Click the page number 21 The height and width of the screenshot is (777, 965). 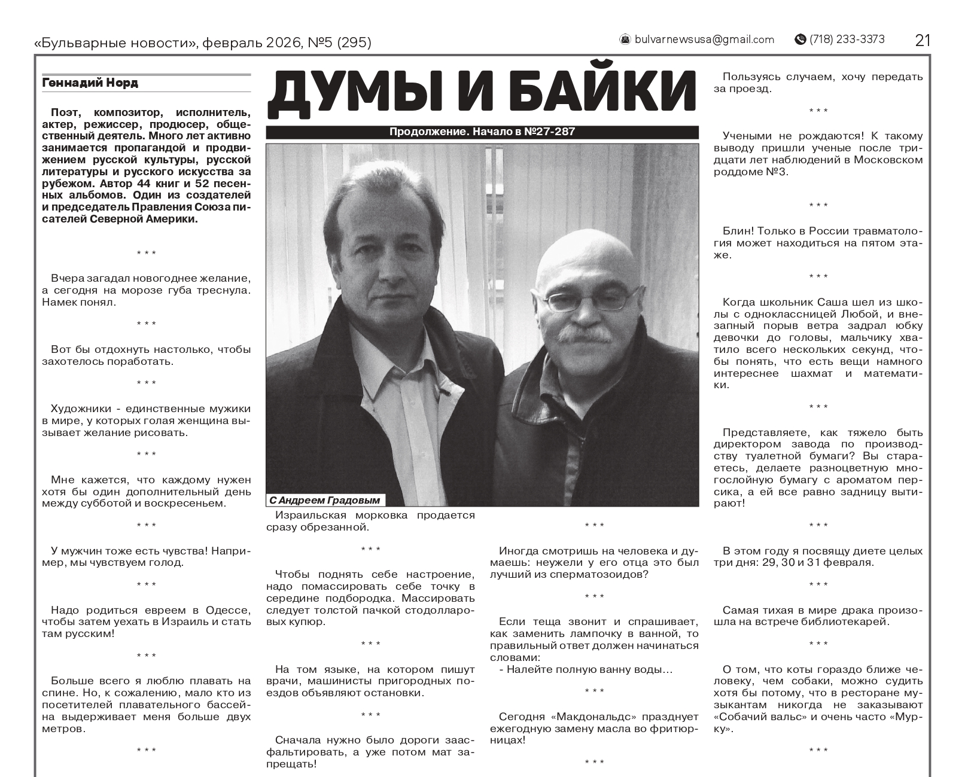click(x=923, y=40)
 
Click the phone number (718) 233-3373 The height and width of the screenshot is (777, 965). click(x=847, y=39)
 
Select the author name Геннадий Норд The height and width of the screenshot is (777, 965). click(x=90, y=83)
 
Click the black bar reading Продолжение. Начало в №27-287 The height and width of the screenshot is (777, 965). click(x=482, y=132)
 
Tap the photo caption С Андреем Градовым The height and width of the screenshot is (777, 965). click(x=324, y=500)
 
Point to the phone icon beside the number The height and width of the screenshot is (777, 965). click(x=800, y=39)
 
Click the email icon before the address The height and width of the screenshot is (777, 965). click(x=625, y=39)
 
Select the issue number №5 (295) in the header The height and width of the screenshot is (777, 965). click(x=339, y=43)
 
